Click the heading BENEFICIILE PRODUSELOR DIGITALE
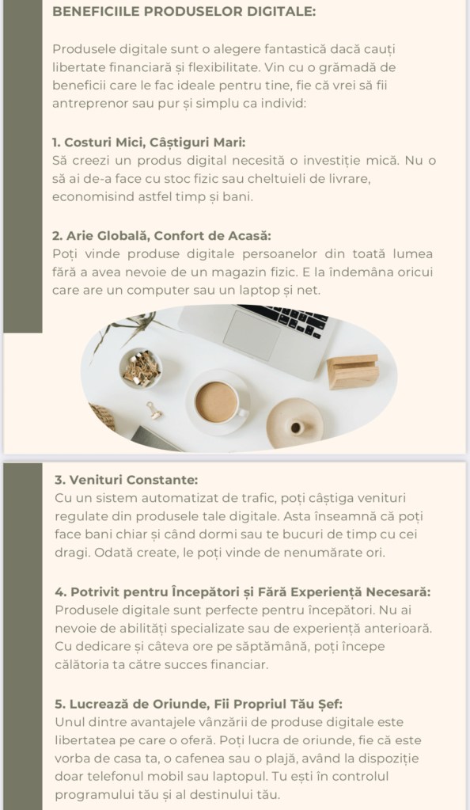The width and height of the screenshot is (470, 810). pos(184,11)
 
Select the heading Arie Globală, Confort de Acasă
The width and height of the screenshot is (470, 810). pos(161,236)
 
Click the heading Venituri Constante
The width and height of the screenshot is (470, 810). pos(126,480)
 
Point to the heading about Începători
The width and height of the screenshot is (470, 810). pos(243,592)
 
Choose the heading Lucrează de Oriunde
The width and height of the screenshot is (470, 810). pos(199,704)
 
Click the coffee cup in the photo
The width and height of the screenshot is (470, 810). pos(218,401)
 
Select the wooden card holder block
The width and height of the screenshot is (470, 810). pos(353,371)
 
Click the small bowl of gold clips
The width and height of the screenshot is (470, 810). pos(141,367)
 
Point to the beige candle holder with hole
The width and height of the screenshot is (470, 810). pos(295,424)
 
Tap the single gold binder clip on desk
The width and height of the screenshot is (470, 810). pos(154,410)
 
